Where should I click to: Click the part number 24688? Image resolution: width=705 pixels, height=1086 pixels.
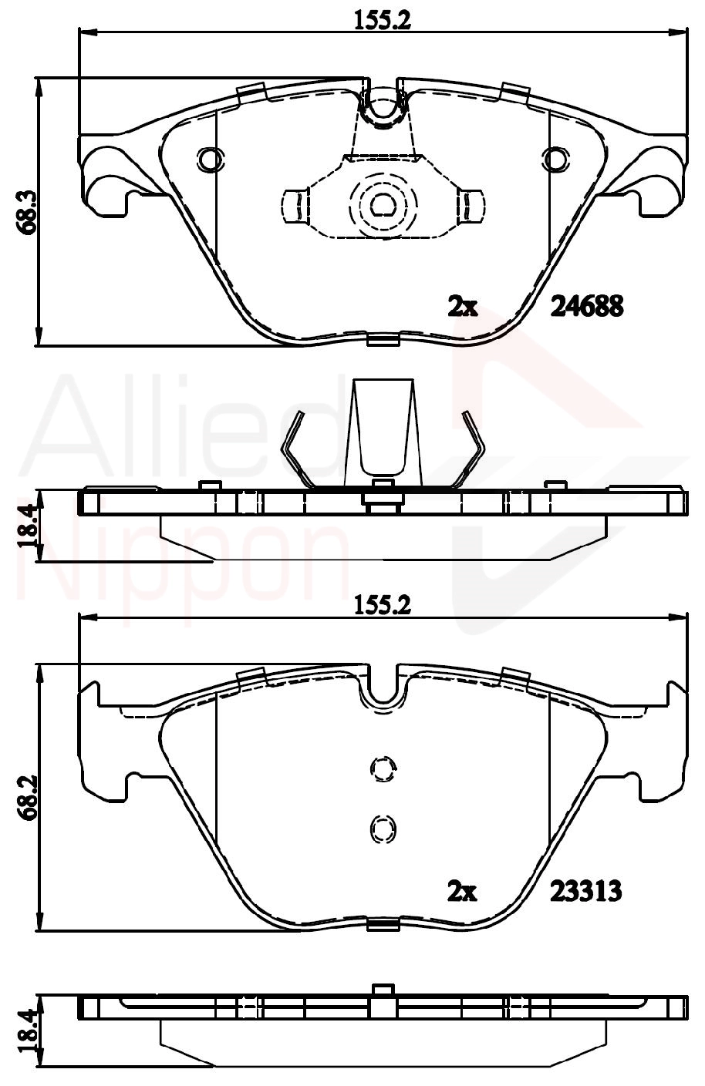point(586,306)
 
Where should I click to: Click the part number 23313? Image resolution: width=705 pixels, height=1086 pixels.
point(585,891)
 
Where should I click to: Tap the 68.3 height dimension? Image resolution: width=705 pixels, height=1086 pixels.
point(27,213)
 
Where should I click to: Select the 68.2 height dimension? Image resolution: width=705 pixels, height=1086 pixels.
point(27,797)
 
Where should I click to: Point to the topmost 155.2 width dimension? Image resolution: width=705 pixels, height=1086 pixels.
point(383,20)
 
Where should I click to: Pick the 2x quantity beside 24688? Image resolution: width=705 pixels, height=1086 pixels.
point(462,307)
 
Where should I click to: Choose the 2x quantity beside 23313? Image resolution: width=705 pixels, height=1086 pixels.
point(462,892)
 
